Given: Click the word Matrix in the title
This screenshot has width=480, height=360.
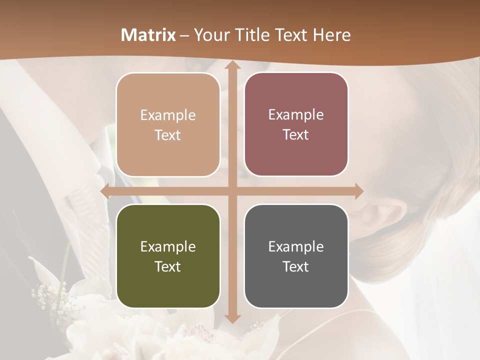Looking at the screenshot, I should point(148,35).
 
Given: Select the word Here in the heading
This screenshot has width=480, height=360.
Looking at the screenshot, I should point(331,35).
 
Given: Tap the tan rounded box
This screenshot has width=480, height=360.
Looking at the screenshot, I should point(168,125).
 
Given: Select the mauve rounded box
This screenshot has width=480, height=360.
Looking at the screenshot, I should point(296,124).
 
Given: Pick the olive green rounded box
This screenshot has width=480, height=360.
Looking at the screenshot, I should point(168,256).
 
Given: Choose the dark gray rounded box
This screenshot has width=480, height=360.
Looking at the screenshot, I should point(296,256).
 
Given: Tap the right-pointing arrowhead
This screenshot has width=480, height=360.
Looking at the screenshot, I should point(358,191).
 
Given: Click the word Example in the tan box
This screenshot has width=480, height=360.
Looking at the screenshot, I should point(168,115).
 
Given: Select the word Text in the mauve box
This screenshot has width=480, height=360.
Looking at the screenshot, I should point(296,135).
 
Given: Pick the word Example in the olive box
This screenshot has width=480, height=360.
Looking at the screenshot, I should point(168,246).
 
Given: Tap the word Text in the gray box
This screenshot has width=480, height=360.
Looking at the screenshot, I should point(296,266).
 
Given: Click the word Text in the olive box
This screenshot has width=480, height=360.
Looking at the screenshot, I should point(168,266).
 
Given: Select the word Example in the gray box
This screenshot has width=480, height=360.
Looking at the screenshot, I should point(296,246).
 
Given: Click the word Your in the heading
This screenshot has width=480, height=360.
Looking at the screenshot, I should point(210,35).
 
